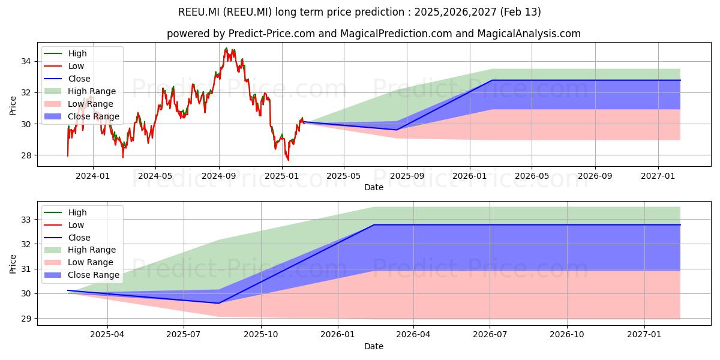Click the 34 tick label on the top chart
click(x=26, y=61)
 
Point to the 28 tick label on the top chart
click(x=26, y=155)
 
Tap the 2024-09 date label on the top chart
click(x=218, y=176)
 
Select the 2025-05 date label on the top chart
click(x=344, y=176)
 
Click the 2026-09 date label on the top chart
click(x=595, y=176)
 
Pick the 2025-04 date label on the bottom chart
click(x=107, y=335)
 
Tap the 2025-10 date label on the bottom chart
click(x=260, y=335)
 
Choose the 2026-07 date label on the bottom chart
click(x=490, y=335)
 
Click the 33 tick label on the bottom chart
click(x=26, y=220)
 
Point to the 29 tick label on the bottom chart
click(x=26, y=319)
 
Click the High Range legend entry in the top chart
click(x=80, y=91)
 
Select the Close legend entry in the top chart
click(x=67, y=79)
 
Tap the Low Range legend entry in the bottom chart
click(x=79, y=262)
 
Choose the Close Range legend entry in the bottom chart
click(x=82, y=275)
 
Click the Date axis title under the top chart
click(x=373, y=187)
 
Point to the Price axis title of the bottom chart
click(x=13, y=264)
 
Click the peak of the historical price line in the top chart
click(x=227, y=48)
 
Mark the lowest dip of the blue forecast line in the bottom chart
click(x=218, y=303)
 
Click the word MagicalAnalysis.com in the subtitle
click(x=529, y=34)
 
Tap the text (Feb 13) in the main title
click(x=520, y=12)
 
